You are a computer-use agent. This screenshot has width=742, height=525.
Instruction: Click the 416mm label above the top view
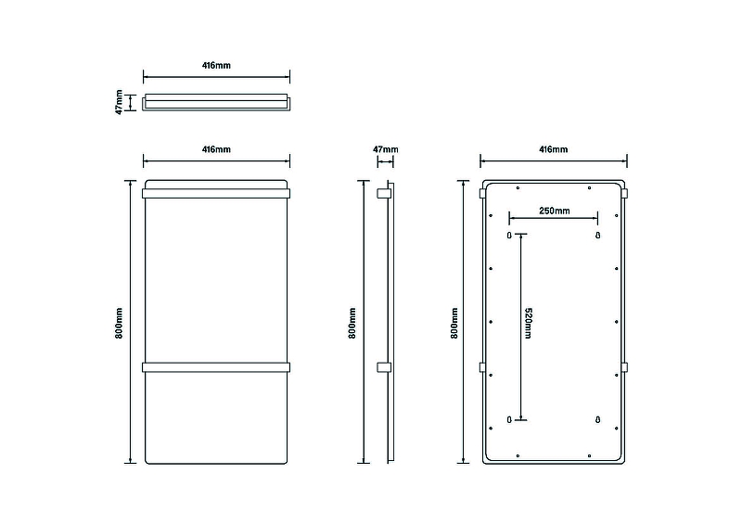[216, 66]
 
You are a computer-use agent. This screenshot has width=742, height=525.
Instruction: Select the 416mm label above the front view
[216, 149]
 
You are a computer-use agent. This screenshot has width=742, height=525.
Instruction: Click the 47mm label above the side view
[385, 148]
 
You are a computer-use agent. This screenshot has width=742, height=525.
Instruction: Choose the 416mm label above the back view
[554, 149]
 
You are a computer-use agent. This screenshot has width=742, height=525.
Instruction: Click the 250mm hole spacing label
[554, 211]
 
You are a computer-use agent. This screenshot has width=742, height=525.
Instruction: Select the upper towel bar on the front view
[216, 194]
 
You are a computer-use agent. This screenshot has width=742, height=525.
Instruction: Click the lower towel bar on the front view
[216, 366]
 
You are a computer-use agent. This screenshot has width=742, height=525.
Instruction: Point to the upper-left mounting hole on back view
[509, 236]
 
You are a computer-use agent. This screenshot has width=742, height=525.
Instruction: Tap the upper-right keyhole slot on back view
[598, 236]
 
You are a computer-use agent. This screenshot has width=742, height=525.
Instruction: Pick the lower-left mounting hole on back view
[509, 419]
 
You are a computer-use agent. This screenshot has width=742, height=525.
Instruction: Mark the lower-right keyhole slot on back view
[598, 419]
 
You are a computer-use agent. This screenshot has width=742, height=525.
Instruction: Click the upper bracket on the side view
[382, 194]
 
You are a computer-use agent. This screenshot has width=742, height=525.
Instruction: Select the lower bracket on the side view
[382, 366]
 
